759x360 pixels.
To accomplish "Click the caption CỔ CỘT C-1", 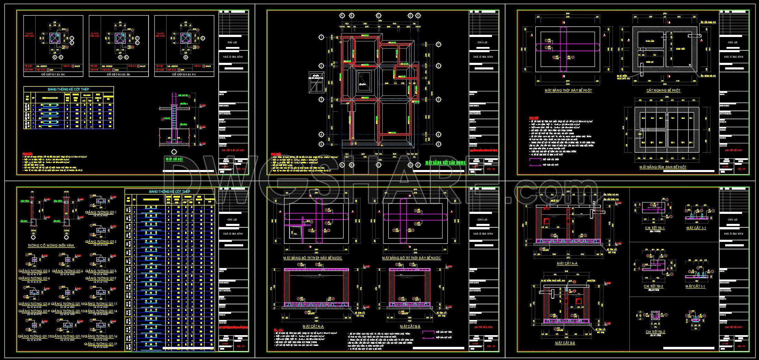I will tap(53, 75).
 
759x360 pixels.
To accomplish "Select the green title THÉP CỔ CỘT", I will tap(174, 159).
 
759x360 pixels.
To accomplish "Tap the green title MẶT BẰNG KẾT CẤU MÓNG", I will tap(445, 162).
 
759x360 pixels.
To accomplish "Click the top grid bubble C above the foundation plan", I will tap(379, 16).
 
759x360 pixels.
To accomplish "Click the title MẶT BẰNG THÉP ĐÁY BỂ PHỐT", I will tap(568, 91).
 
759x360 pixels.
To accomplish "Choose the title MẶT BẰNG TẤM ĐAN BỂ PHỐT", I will tap(663, 167).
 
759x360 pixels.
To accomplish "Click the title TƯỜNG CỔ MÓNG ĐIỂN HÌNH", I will tap(51, 246).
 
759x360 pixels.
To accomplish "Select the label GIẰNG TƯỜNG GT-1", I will tap(101, 212).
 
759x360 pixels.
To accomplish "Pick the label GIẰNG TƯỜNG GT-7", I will tap(101, 278).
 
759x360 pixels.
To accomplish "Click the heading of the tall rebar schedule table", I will tap(170, 191).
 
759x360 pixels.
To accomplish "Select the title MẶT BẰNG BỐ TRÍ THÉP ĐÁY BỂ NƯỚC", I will tap(411, 258).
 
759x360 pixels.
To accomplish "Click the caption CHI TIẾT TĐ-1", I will tap(654, 228).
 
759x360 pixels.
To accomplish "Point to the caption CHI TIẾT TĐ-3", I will tap(655, 332).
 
